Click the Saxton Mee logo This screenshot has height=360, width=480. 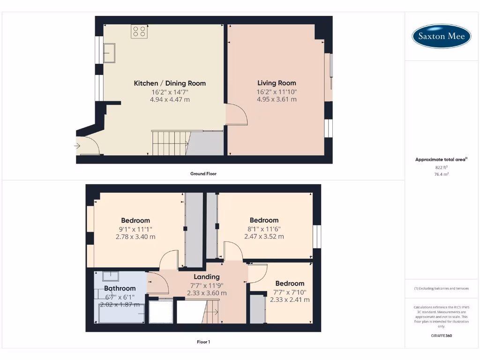click(x=441, y=36)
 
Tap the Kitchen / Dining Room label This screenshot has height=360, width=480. click(x=170, y=83)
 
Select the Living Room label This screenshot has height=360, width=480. click(x=277, y=83)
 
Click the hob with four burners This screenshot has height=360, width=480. click(x=139, y=31)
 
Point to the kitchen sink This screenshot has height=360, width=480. click(x=110, y=52)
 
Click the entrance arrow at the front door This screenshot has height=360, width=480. click(x=77, y=146)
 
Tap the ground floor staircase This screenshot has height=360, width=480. click(x=170, y=143)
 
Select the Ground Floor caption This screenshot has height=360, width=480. click(x=203, y=173)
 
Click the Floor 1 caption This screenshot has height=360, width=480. click(x=203, y=342)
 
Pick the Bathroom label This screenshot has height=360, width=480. click(x=120, y=288)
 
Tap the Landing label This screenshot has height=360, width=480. click(x=207, y=277)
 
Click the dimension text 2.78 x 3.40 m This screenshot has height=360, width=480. click(x=135, y=237)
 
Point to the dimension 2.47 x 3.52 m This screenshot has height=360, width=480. click(x=264, y=237)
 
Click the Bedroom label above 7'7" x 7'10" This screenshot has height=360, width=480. click(x=290, y=284)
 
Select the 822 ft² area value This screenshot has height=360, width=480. click(x=441, y=167)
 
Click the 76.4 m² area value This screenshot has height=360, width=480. click(x=441, y=174)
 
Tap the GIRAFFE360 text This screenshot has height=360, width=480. click(x=441, y=336)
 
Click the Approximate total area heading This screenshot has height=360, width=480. click(x=441, y=160)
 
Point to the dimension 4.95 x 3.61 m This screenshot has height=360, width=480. click(x=277, y=99)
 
